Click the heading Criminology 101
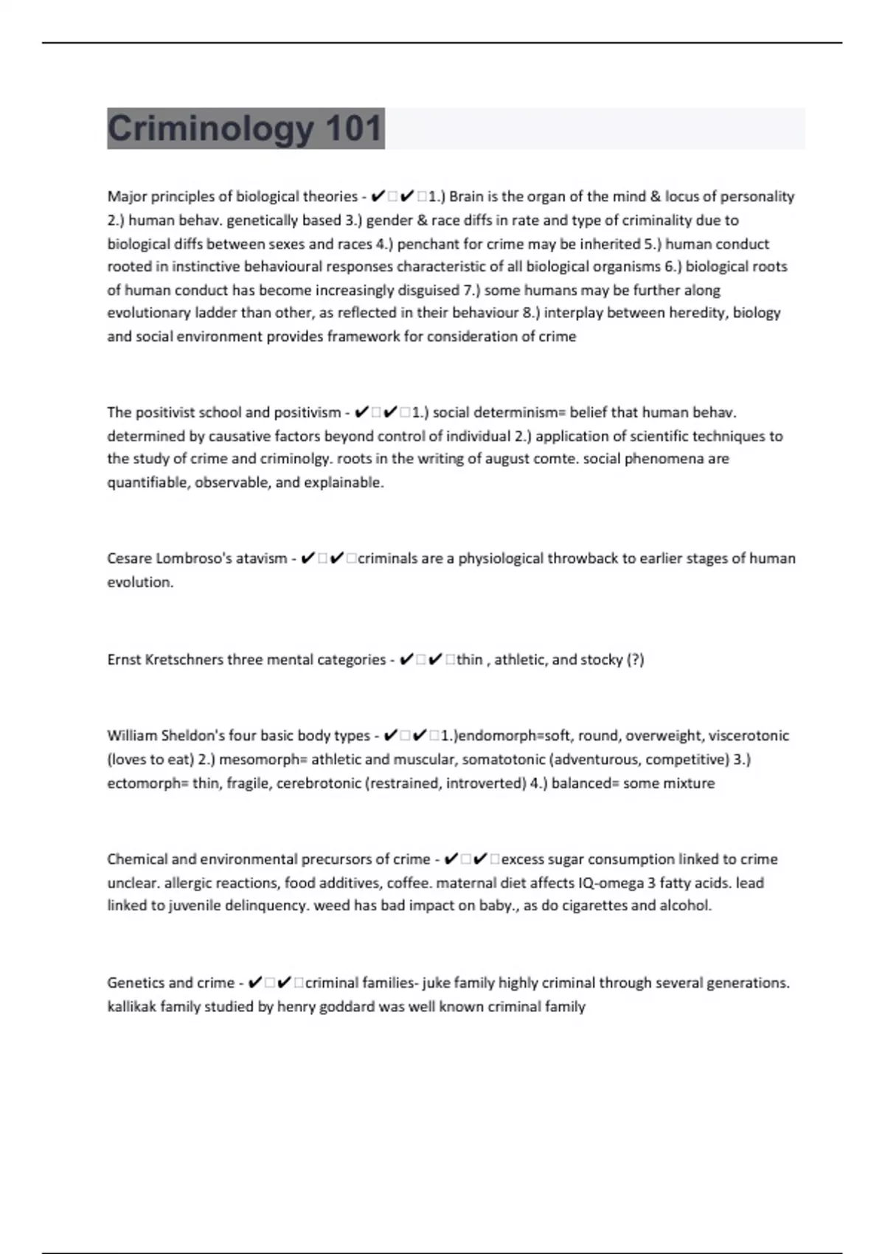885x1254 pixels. tap(245, 128)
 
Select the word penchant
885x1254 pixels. tap(426, 244)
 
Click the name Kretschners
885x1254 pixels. tap(184, 660)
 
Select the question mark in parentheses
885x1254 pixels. tap(635, 660)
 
